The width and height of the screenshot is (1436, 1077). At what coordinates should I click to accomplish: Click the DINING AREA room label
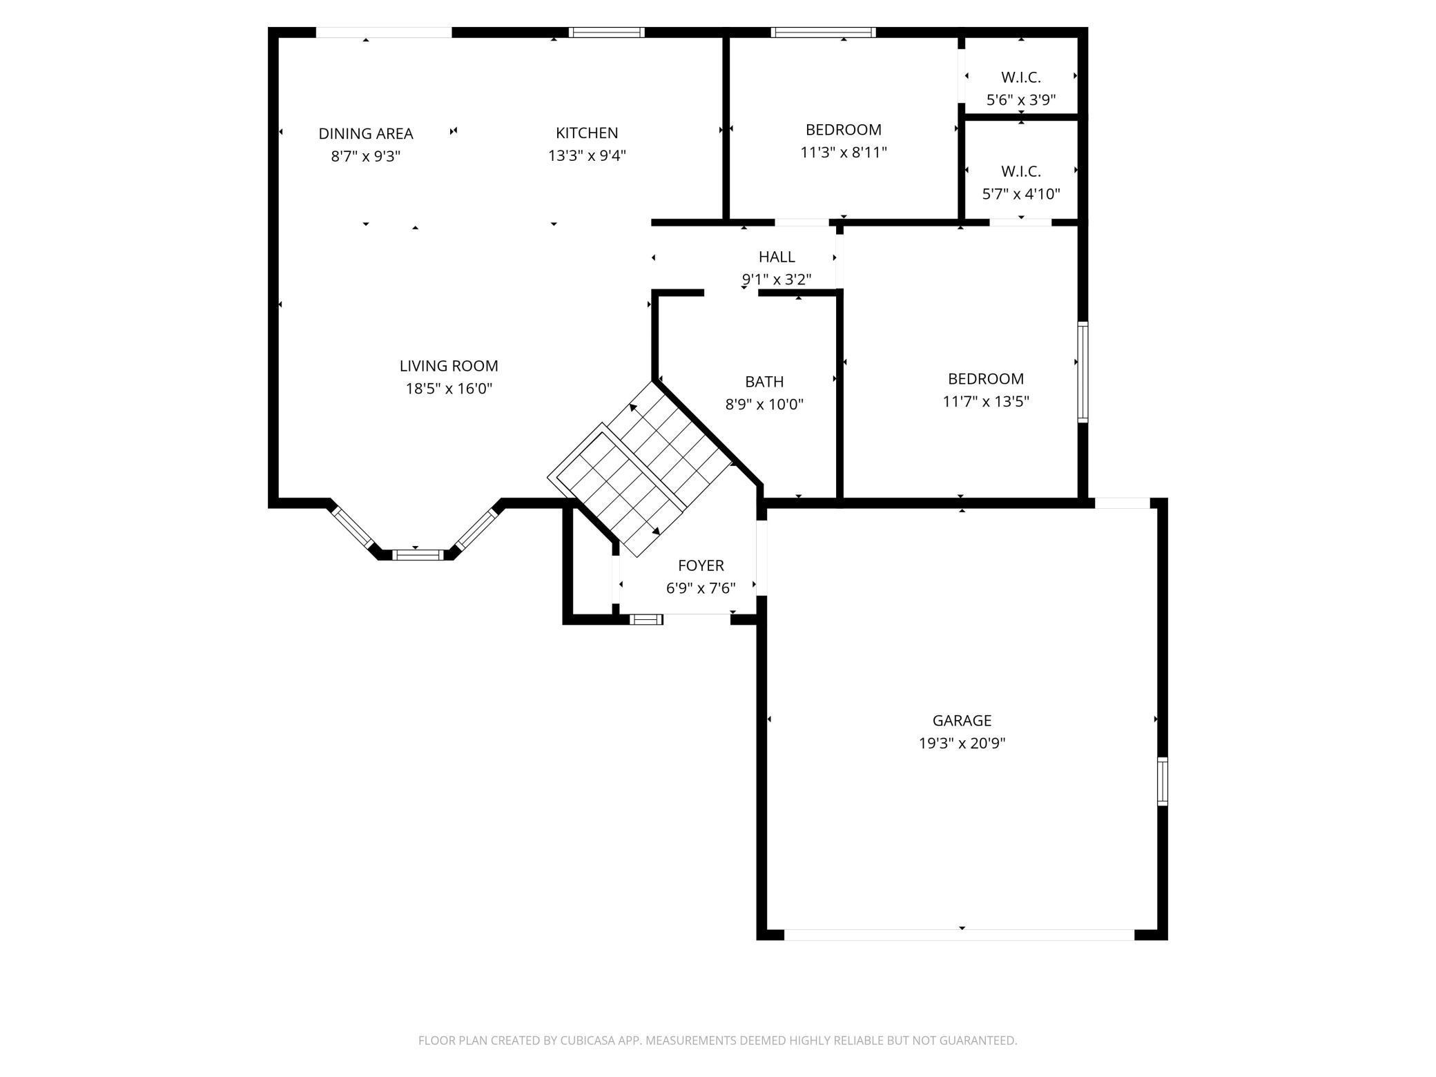pos(366,133)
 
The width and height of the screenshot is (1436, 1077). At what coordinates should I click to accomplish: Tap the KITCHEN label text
pos(587,133)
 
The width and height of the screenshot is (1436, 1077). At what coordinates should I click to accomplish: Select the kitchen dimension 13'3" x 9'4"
pos(587,155)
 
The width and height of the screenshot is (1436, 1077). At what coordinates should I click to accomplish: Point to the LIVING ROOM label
pos(449,366)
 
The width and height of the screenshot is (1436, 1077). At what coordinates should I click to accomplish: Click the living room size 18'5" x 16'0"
pos(449,389)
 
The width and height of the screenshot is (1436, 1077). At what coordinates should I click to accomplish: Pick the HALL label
pos(777,257)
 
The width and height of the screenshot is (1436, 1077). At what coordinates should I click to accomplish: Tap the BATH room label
pos(764,382)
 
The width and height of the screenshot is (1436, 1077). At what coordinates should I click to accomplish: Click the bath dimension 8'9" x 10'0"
pos(764,405)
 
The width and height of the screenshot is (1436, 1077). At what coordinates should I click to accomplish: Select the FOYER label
pos(701,565)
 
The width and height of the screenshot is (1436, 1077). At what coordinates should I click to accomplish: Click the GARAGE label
pos(962,721)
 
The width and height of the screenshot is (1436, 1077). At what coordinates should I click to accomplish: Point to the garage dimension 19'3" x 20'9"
pos(962,744)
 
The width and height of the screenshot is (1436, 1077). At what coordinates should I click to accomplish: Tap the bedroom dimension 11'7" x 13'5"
pos(986,401)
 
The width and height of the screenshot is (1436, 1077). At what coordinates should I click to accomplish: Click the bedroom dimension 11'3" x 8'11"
pos(844,152)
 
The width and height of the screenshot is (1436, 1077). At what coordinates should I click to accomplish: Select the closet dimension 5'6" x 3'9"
pos(1021,100)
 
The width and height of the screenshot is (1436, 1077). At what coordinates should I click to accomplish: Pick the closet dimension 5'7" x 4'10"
pos(1021,194)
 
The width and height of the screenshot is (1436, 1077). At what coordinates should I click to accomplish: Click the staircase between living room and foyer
pos(639,469)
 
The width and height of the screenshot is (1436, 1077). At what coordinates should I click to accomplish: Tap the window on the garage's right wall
pos(1163,782)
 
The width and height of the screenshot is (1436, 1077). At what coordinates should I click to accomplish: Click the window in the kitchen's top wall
pos(606,32)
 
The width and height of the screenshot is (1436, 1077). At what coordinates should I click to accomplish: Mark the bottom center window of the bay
pos(418,554)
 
